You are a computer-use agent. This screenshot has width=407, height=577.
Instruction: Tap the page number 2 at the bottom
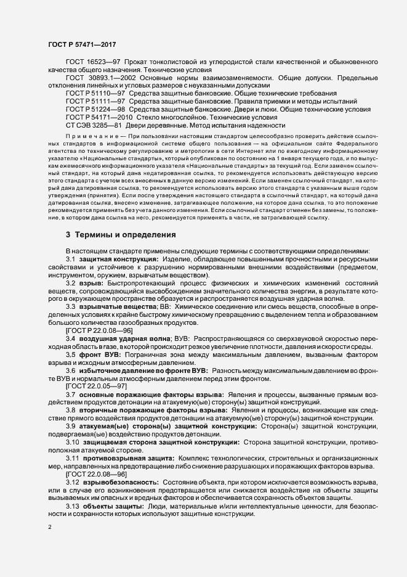pyautogui.click(x=50, y=529)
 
